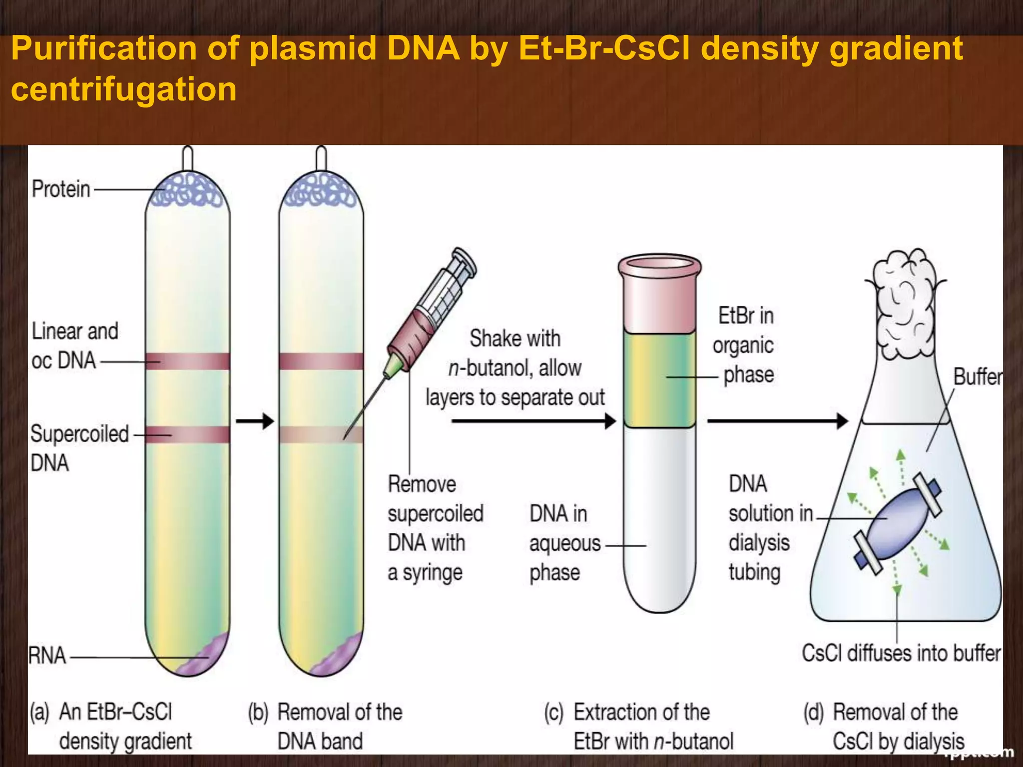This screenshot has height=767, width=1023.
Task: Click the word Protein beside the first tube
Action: click(x=61, y=190)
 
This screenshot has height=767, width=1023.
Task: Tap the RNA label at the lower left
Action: click(x=47, y=656)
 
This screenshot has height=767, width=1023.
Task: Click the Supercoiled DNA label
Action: click(x=79, y=448)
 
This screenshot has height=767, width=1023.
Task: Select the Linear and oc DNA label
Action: click(x=75, y=346)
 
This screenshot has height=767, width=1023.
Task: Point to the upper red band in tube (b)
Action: click(x=321, y=361)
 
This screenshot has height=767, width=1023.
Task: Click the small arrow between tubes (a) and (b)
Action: click(x=255, y=421)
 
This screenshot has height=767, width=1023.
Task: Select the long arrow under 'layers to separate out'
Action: click(x=532, y=421)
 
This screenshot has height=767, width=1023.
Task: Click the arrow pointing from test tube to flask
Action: click(x=777, y=421)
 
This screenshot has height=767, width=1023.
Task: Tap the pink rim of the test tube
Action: click(x=659, y=265)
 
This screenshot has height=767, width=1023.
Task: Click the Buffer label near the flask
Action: click(x=977, y=377)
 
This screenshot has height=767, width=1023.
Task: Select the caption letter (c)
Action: click(x=553, y=713)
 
